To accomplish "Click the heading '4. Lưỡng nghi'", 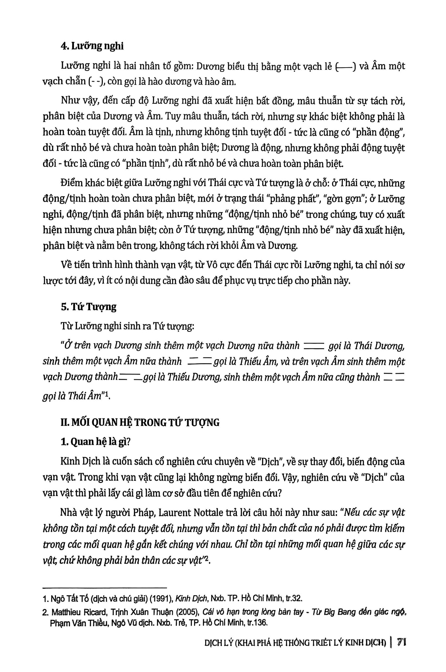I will (92, 46).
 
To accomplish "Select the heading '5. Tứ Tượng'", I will (89, 307).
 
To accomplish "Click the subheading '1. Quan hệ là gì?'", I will (96, 442).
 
